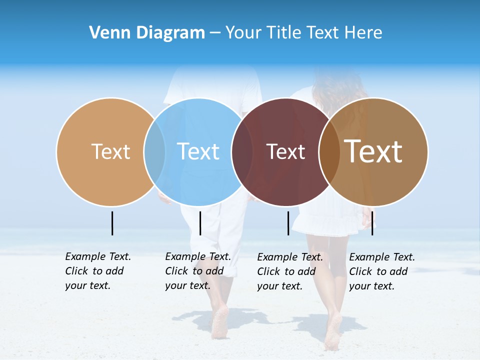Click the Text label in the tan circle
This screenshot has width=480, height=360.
click(x=110, y=151)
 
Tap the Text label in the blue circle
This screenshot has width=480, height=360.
click(x=198, y=151)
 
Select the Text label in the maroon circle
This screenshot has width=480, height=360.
click(x=285, y=151)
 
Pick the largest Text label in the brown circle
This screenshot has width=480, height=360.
click(x=373, y=151)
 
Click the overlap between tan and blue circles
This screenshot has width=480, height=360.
click(x=154, y=151)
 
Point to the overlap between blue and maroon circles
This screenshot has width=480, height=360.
click(x=242, y=151)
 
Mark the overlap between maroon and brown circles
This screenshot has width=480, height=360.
click(x=329, y=151)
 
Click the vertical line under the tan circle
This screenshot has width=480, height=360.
click(x=112, y=223)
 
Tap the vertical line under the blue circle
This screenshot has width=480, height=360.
click(x=200, y=223)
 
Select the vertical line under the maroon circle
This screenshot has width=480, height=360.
click(x=288, y=223)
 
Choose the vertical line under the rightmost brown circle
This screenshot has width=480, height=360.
click(x=372, y=223)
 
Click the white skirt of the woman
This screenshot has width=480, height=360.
click(x=325, y=220)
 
